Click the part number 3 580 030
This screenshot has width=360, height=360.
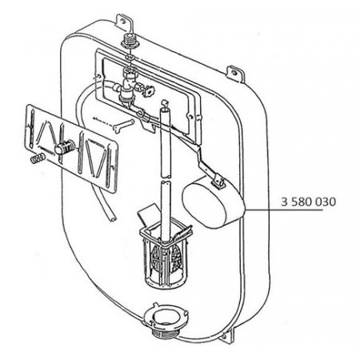point(309,202)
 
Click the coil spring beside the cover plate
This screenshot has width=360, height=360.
point(37,158)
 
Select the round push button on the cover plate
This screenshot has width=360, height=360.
point(64,147)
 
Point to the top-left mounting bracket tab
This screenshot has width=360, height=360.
point(123,22)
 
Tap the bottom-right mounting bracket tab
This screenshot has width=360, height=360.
point(227,337)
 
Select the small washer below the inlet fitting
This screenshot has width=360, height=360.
point(130,57)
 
